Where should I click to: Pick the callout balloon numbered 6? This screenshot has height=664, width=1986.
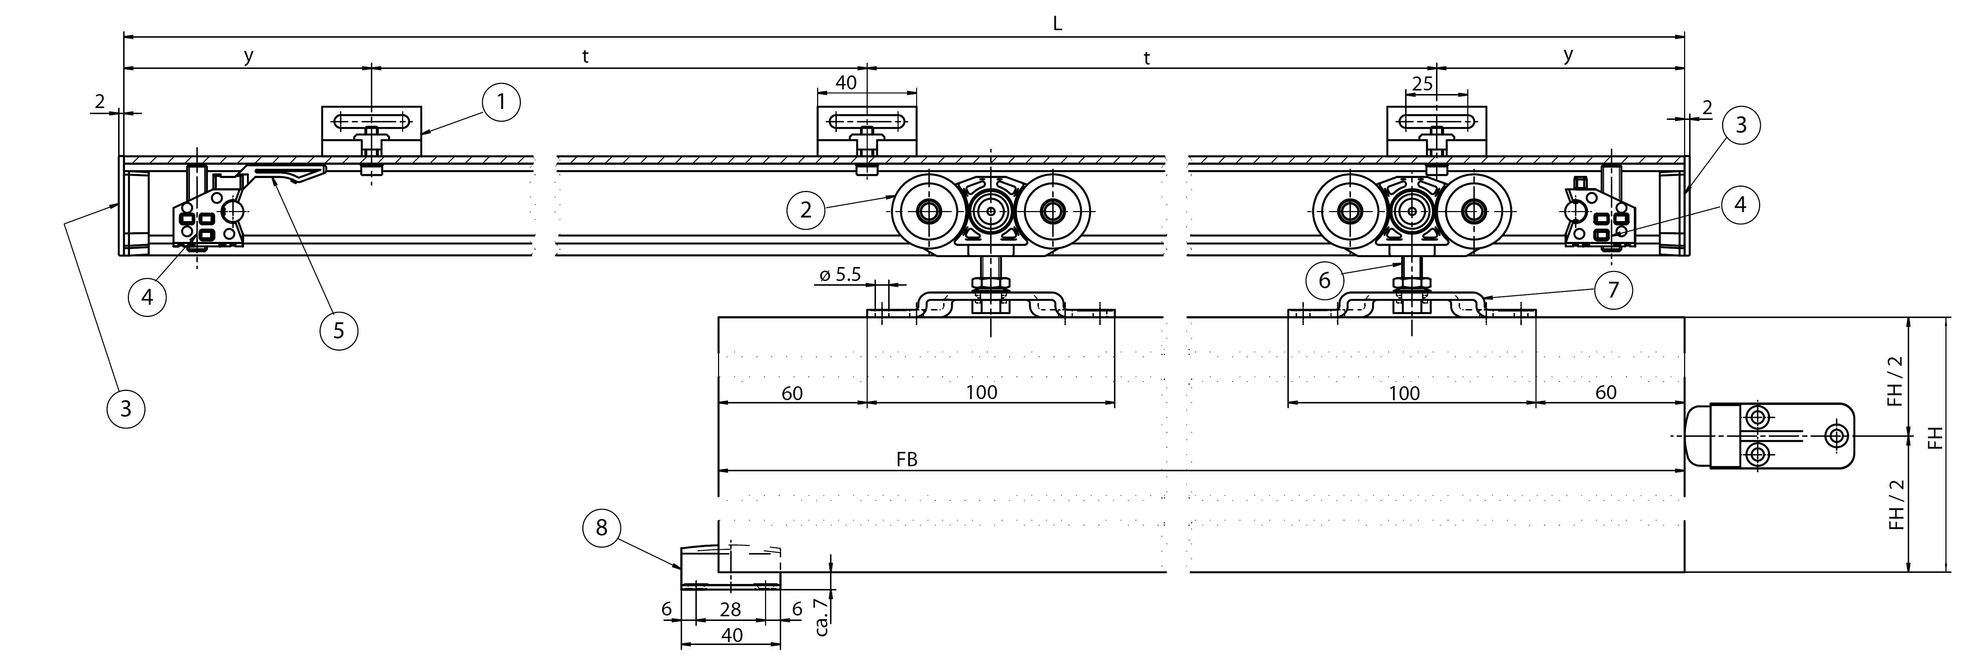1324,280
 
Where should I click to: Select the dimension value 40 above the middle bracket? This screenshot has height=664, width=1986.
846,83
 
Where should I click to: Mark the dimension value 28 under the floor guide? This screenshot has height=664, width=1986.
730,609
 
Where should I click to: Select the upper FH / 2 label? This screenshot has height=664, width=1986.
1896,381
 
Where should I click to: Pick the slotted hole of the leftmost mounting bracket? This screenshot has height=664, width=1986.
371,122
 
